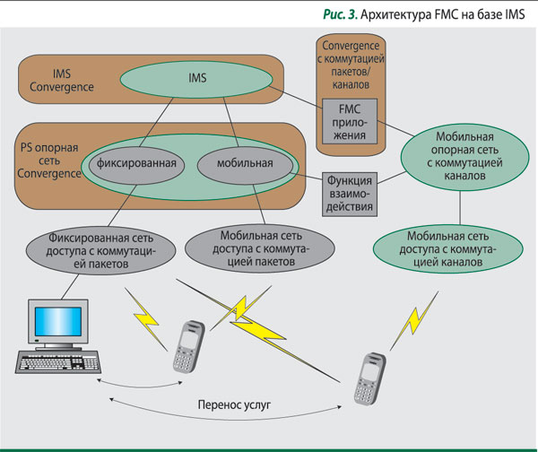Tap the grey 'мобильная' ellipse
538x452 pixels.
click(x=245, y=164)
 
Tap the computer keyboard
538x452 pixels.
click(x=60, y=364)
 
